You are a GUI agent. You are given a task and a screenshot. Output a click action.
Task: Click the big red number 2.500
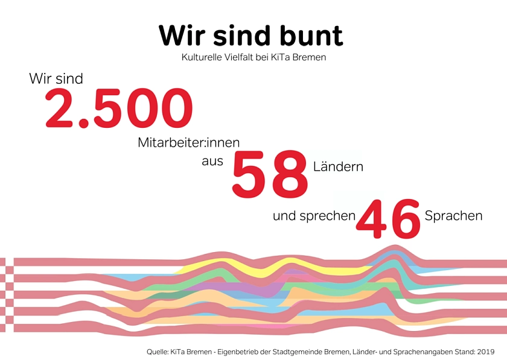coord(119,109)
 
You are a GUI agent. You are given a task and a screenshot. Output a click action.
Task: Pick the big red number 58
coord(270,175)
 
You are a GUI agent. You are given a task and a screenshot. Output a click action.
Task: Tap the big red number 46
coord(388,219)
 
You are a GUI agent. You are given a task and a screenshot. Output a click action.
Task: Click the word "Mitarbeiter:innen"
coord(189,143)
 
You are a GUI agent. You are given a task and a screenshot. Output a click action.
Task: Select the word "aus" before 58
coord(212,161)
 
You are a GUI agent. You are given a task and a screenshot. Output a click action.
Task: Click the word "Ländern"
coord(339,166)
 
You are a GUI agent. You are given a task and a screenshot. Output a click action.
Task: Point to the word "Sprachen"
coord(454,216)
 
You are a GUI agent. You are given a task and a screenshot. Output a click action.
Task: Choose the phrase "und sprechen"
coord(314,216)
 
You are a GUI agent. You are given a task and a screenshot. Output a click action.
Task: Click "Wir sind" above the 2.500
coord(56,79)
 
